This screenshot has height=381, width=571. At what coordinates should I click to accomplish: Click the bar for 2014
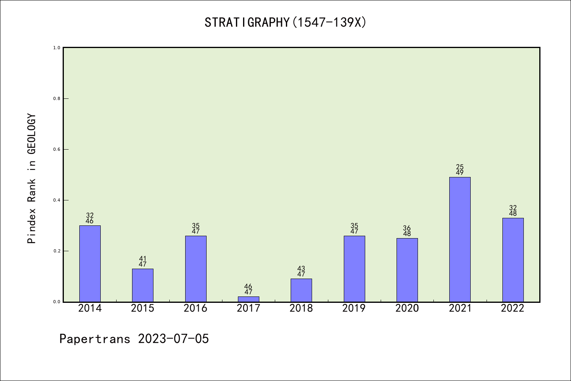click(90, 264)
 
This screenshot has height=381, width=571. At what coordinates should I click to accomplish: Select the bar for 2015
click(143, 285)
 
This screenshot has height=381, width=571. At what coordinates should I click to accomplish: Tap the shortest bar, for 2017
click(249, 299)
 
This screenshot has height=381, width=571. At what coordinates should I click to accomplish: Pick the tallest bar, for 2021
click(460, 239)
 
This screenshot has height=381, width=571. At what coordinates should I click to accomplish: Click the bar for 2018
click(301, 290)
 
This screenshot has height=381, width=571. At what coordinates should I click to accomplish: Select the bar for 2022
click(513, 260)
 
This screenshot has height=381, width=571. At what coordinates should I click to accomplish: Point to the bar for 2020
click(407, 270)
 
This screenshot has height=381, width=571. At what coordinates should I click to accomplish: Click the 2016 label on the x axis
click(195, 308)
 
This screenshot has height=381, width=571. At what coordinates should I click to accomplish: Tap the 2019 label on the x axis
click(354, 308)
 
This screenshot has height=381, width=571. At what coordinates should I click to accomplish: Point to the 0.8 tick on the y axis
click(57, 98)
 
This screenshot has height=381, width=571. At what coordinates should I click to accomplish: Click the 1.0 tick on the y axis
click(57, 48)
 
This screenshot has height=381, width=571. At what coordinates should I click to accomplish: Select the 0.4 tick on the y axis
click(57, 200)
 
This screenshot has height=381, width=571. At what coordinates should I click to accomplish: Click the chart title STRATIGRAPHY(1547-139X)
click(285, 23)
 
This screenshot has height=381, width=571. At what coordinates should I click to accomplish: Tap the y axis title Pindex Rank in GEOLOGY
click(32, 179)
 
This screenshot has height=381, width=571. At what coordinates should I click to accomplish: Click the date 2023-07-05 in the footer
click(173, 339)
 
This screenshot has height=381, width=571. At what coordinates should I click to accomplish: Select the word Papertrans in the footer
click(95, 339)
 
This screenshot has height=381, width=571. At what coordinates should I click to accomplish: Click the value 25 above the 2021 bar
click(460, 167)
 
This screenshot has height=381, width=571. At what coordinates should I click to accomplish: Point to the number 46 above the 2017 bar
click(249, 287)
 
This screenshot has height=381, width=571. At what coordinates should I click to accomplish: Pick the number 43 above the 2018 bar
click(301, 269)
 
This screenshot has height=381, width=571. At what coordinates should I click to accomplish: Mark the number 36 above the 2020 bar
click(407, 228)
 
